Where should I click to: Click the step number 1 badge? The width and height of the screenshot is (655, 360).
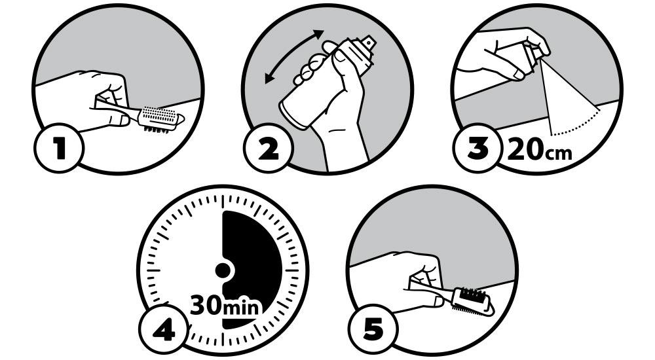tap(58, 148)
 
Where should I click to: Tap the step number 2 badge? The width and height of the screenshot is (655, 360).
tap(267, 148)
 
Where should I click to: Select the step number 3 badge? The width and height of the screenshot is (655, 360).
tap(477, 148)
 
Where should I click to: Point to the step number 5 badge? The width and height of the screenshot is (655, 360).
tap(373, 329)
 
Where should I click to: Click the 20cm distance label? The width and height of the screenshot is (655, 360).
tap(540, 150)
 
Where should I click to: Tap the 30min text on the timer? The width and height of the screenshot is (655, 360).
tap(225, 307)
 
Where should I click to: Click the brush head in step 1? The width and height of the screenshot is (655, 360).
tap(161, 119)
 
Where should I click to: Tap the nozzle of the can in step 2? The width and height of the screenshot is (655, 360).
tap(369, 43)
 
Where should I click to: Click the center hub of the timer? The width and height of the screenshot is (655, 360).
tap(223, 270)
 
